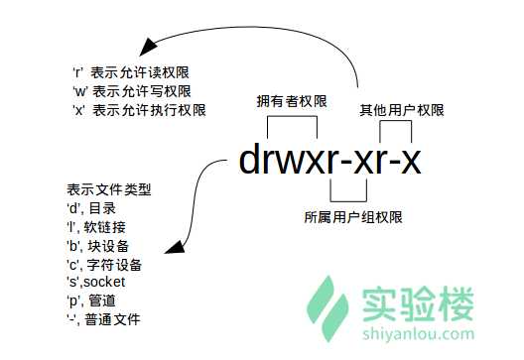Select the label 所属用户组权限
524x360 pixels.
pos(344,215)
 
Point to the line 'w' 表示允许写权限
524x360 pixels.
pos(132,90)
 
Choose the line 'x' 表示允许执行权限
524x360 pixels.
pos(139,109)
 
